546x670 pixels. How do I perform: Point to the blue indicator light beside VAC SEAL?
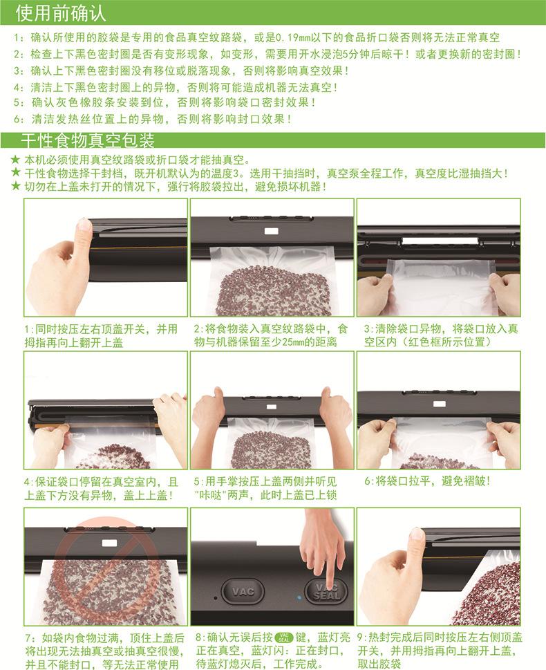click(x=299, y=595)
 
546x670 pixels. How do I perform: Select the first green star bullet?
click(x=15, y=160)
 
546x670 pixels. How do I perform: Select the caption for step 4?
click(x=101, y=488)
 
